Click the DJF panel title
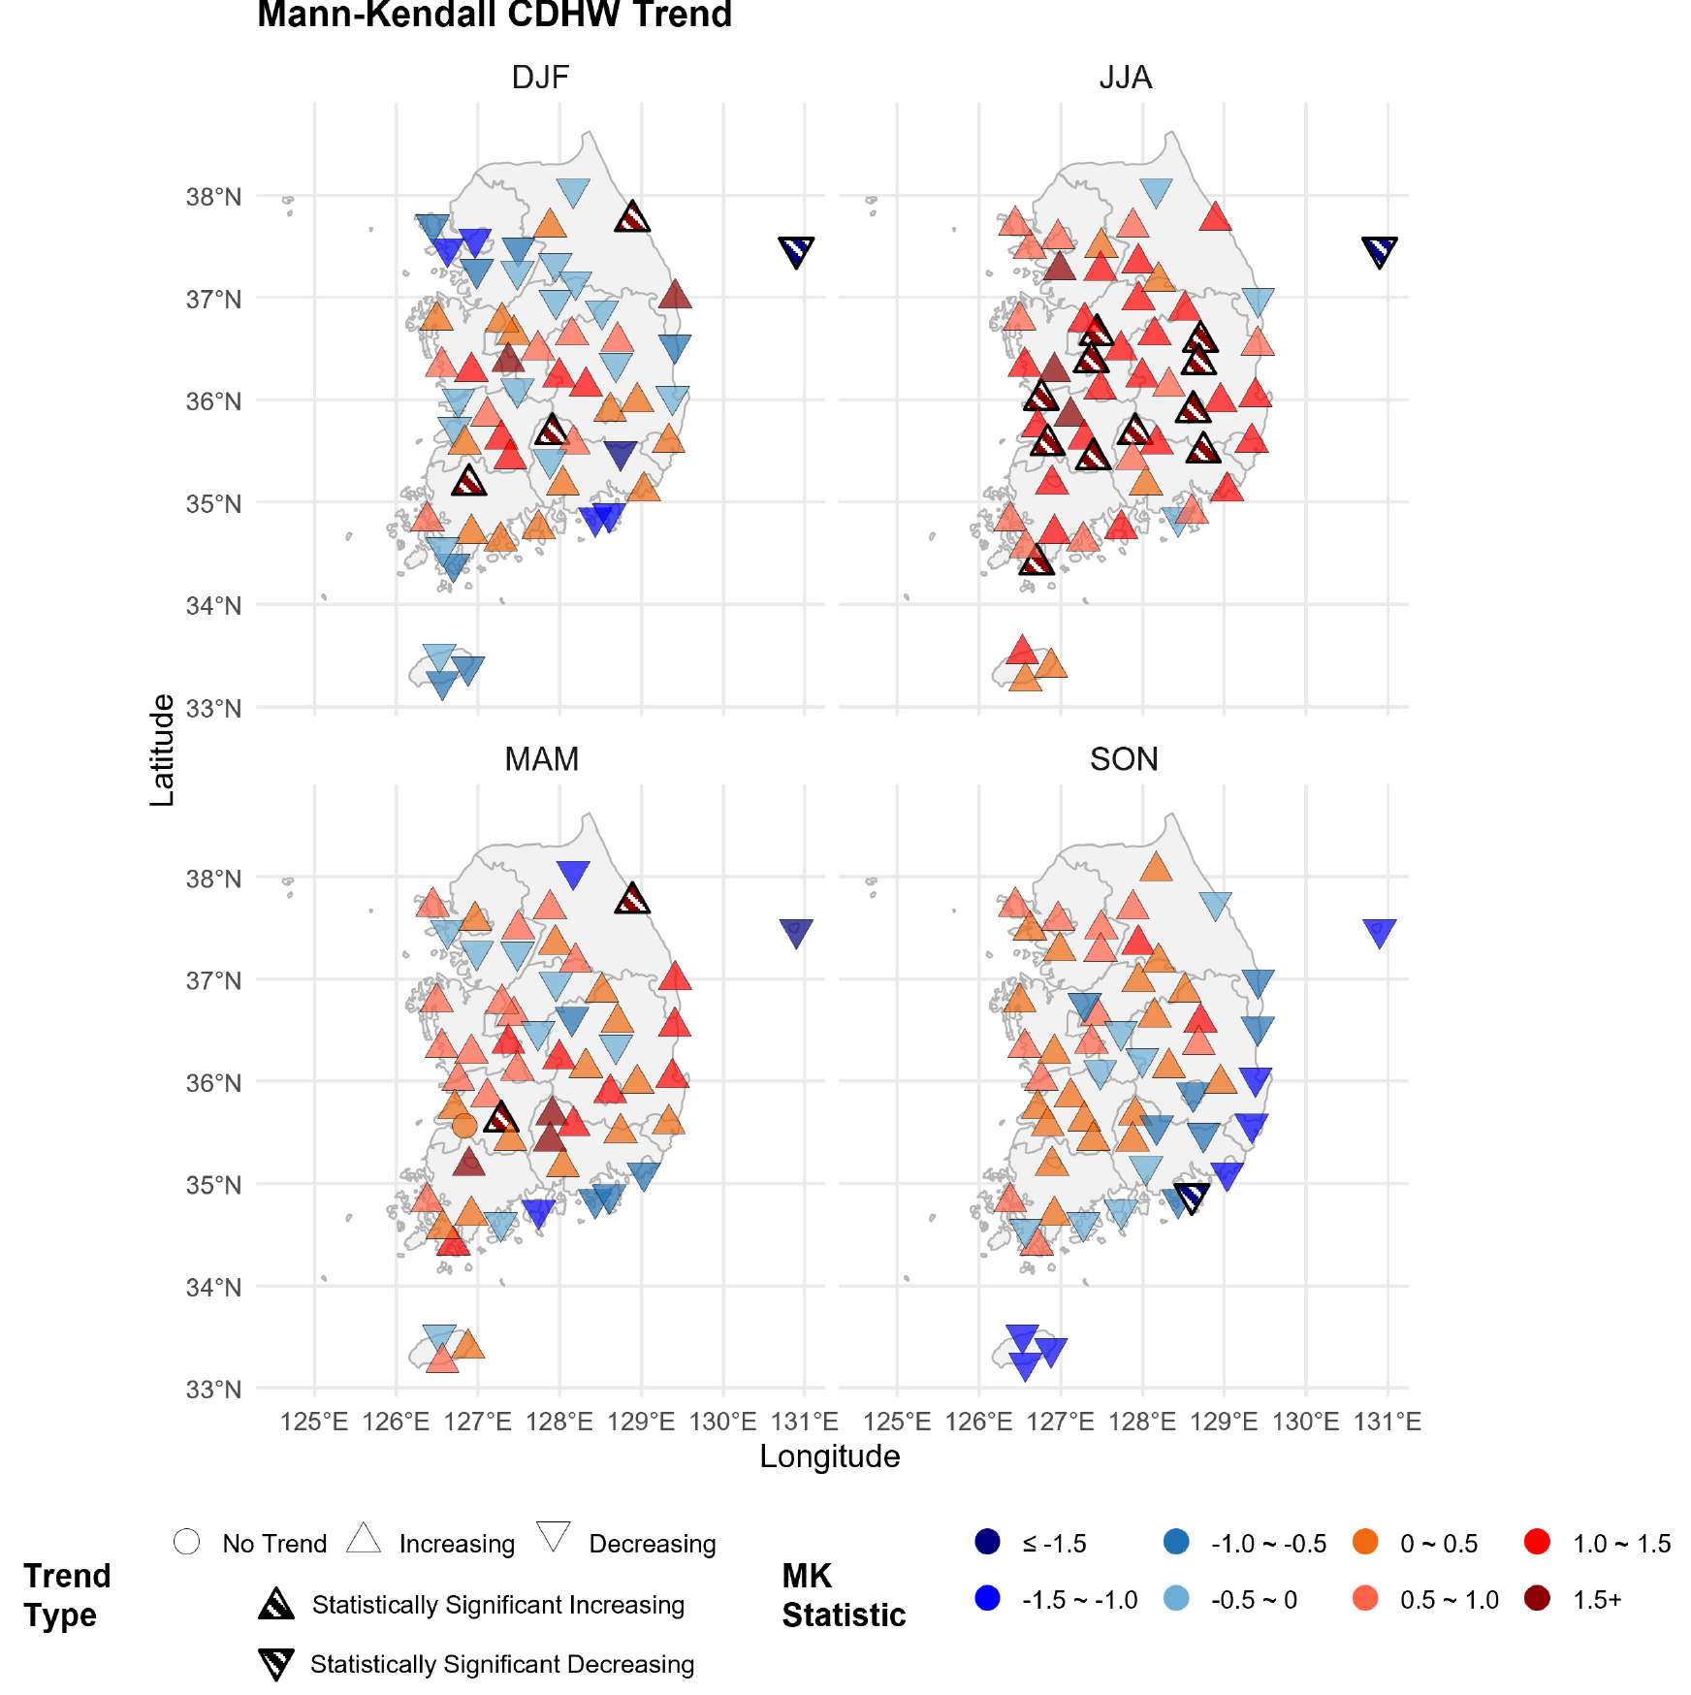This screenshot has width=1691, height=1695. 540,78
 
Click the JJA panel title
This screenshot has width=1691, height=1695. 1125,78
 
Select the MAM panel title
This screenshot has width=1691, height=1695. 541,759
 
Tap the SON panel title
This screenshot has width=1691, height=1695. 1124,759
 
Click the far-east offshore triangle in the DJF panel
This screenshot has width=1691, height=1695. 796,250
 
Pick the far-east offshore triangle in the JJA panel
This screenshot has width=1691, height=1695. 1380,250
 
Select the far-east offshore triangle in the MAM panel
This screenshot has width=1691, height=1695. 796,932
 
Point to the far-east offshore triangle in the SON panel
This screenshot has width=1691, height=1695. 1380,932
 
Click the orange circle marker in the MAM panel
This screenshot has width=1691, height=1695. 464,1125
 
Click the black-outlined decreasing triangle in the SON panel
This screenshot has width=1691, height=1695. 1192,1197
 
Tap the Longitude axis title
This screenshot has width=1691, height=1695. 829,1456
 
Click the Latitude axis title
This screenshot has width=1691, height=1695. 162,750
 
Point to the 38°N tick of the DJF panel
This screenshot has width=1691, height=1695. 214,197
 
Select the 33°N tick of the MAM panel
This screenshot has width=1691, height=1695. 214,1390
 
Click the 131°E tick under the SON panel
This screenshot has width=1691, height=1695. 1387,1422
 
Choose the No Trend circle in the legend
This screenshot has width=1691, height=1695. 187,1542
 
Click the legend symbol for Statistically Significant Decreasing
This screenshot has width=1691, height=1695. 276,1664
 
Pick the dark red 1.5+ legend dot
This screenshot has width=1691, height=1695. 1537,1598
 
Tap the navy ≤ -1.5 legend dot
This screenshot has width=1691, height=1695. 987,1542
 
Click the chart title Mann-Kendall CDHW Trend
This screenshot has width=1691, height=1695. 495,15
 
